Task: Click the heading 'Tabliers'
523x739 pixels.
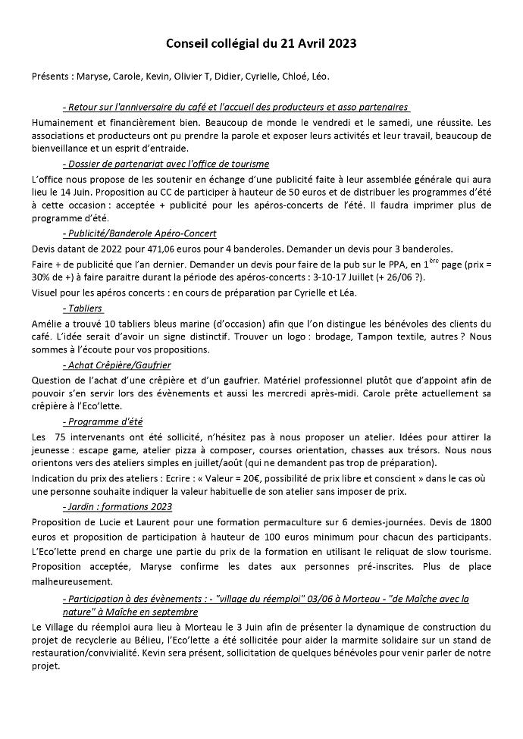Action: (x=83, y=308)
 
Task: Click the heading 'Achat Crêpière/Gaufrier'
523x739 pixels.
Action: (x=116, y=365)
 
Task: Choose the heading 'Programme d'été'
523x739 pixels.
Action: (x=102, y=421)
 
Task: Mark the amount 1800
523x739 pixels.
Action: (x=479, y=523)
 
